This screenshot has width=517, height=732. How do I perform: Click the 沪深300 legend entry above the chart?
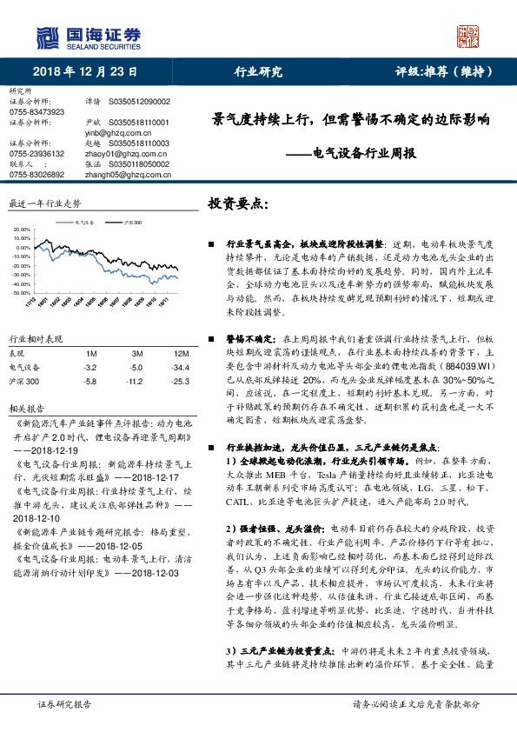click(x=133, y=223)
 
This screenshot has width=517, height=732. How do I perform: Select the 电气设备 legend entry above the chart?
click(x=84, y=223)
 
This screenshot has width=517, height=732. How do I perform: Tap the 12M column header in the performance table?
click(x=182, y=354)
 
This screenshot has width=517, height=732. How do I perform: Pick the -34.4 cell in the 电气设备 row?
click(x=182, y=367)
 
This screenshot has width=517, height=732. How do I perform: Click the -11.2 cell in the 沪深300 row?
click(x=134, y=381)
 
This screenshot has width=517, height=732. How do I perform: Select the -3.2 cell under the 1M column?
click(x=89, y=367)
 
